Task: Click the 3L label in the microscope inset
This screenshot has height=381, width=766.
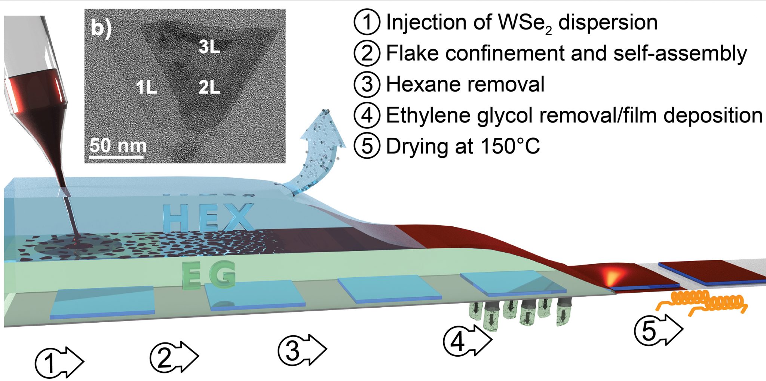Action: coord(209,47)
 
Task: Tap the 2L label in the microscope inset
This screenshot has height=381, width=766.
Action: coord(209,88)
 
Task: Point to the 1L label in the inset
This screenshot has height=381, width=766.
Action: coord(146,88)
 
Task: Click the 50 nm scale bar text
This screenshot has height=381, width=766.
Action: coord(117,146)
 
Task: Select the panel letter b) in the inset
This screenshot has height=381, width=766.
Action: coord(101,28)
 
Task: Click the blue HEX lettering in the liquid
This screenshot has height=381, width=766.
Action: coord(208,217)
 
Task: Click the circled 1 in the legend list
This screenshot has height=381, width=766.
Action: coord(367,22)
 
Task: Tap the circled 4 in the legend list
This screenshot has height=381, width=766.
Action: coord(367,115)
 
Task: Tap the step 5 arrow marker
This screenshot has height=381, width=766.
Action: coord(658,330)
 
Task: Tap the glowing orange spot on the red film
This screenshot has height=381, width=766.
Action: coord(613,277)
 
